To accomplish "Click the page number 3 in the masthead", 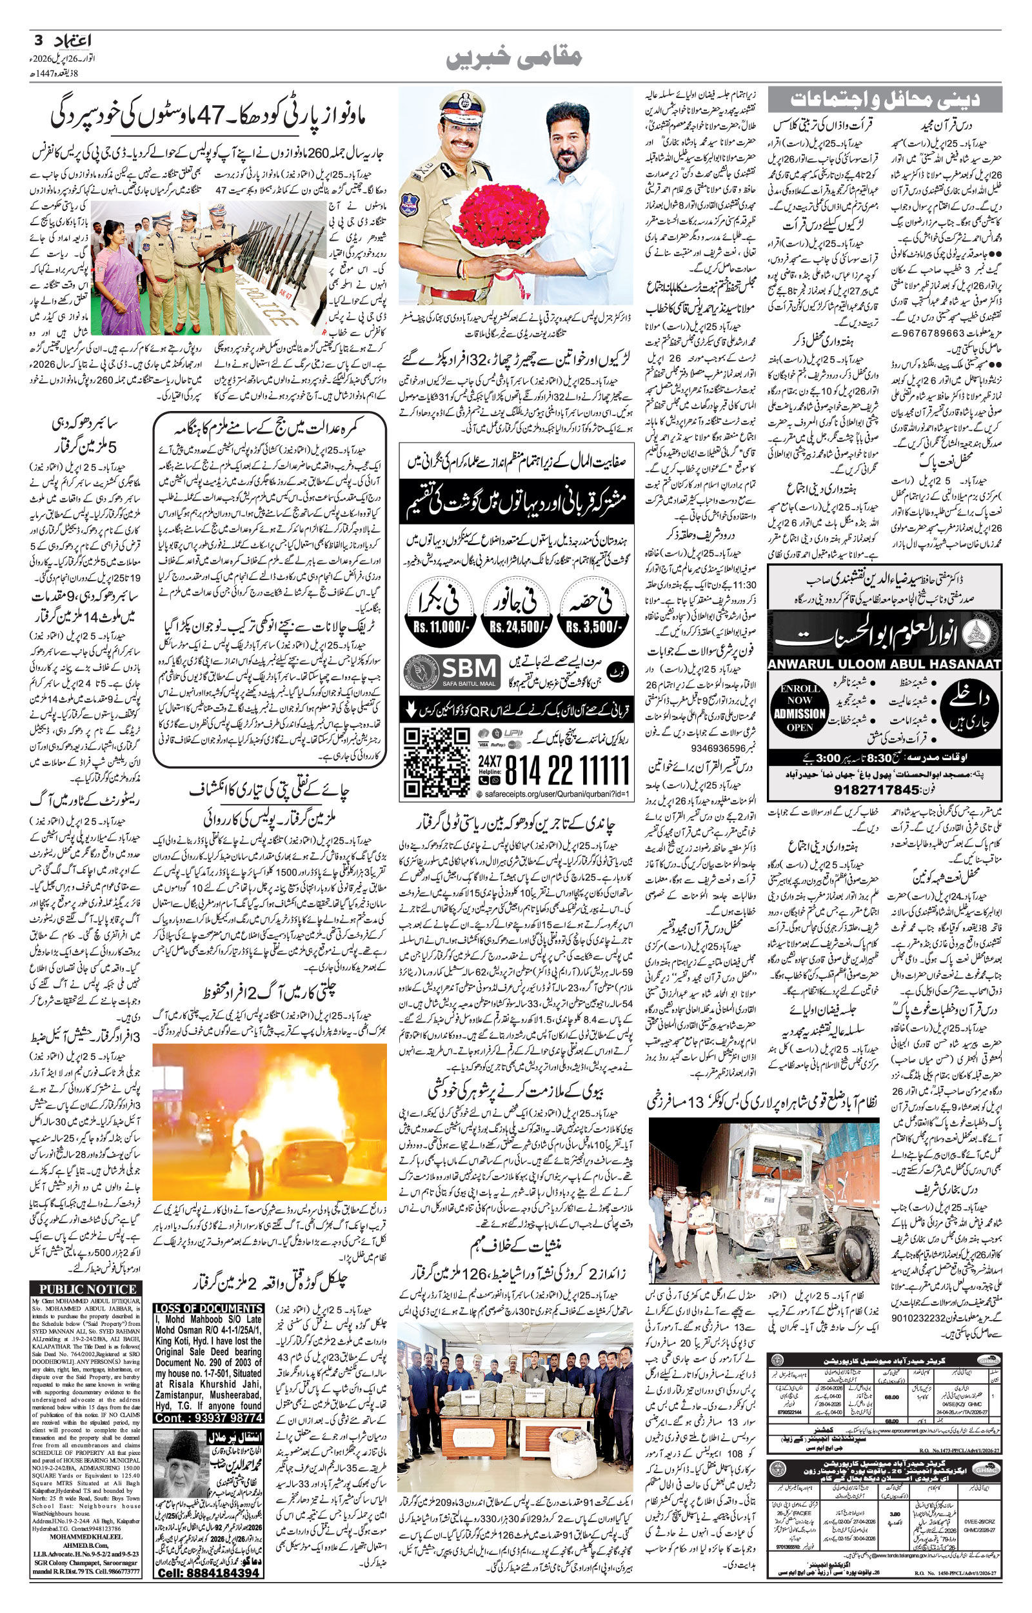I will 37,41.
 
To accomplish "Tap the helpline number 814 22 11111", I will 566,768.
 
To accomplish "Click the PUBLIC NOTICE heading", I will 86,1289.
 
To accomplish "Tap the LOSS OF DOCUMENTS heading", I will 208,1308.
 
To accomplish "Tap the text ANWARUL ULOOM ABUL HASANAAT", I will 884,663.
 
